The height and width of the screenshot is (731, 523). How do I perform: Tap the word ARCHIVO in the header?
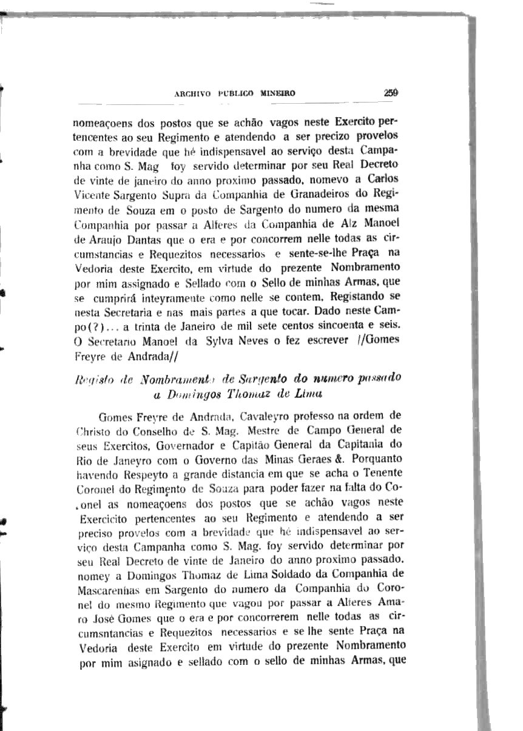click(x=192, y=94)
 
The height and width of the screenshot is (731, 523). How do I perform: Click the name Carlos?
click(x=381, y=180)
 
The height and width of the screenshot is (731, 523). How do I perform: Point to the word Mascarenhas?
click(x=109, y=588)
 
